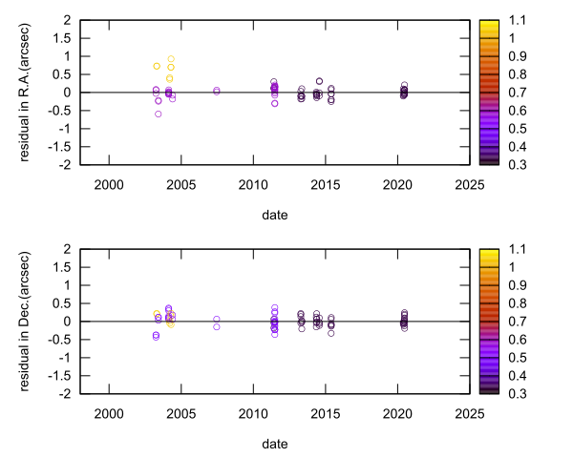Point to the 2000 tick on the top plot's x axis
[108, 184]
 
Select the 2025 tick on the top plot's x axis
[468, 184]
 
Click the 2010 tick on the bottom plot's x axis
[252, 413]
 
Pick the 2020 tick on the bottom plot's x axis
[396, 413]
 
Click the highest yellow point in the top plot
[171, 59]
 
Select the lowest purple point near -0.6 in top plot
[159, 114]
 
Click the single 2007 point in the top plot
[217, 91]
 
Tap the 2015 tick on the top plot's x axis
[325, 184]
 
